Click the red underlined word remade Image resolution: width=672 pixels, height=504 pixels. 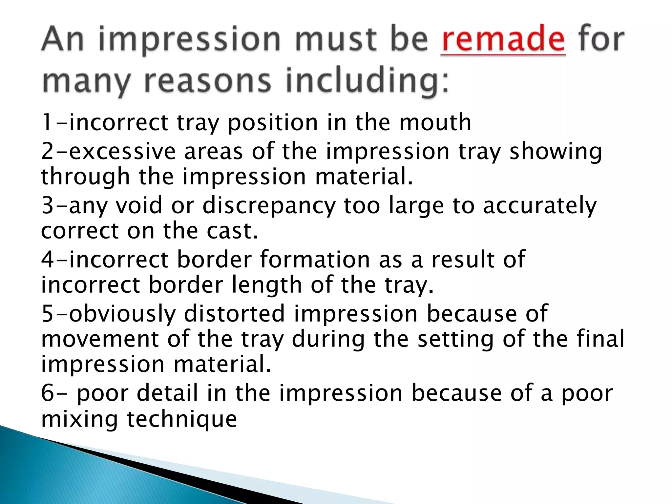coord(503,40)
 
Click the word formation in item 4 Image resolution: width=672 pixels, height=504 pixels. coord(315,259)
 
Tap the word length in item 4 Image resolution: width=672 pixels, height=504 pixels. coord(267,285)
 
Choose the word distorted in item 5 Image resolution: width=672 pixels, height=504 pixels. coord(234,313)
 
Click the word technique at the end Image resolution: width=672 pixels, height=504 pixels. coord(181,419)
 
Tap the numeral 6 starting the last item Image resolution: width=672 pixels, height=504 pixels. coord(48,393)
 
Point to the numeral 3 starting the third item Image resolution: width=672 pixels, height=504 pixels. coord(48,205)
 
